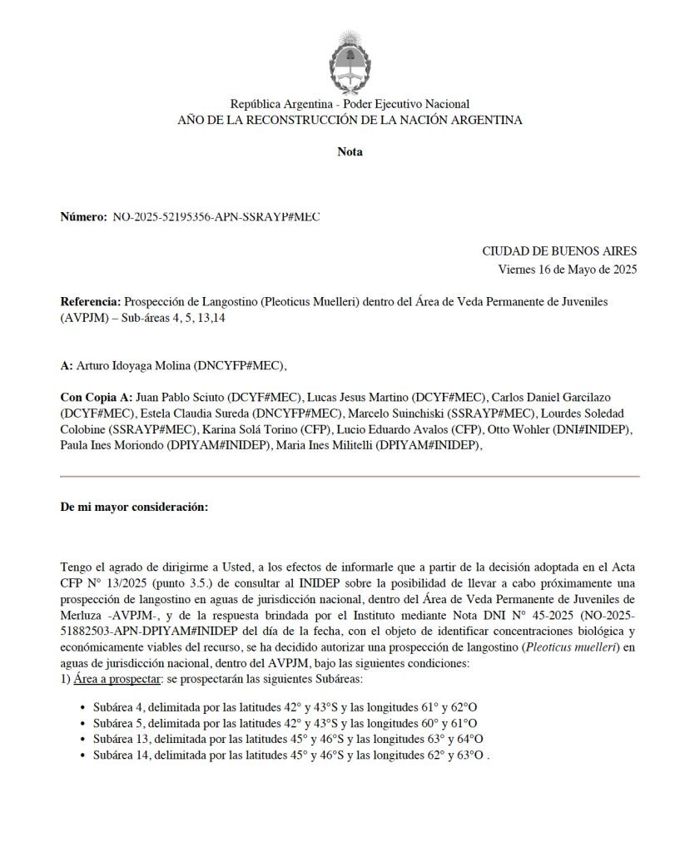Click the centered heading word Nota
[x=350, y=151]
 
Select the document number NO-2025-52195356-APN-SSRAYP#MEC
[x=216, y=217]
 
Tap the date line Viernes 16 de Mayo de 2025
[x=567, y=269]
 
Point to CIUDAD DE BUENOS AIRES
[x=559, y=251]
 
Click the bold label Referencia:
[x=91, y=301]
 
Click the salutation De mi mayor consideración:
[x=134, y=507]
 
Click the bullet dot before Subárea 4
[x=83, y=708]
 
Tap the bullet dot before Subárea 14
[x=83, y=755]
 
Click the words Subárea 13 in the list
[x=122, y=740]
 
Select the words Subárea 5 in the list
[x=118, y=724]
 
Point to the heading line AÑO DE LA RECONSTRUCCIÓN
[x=350, y=121]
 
